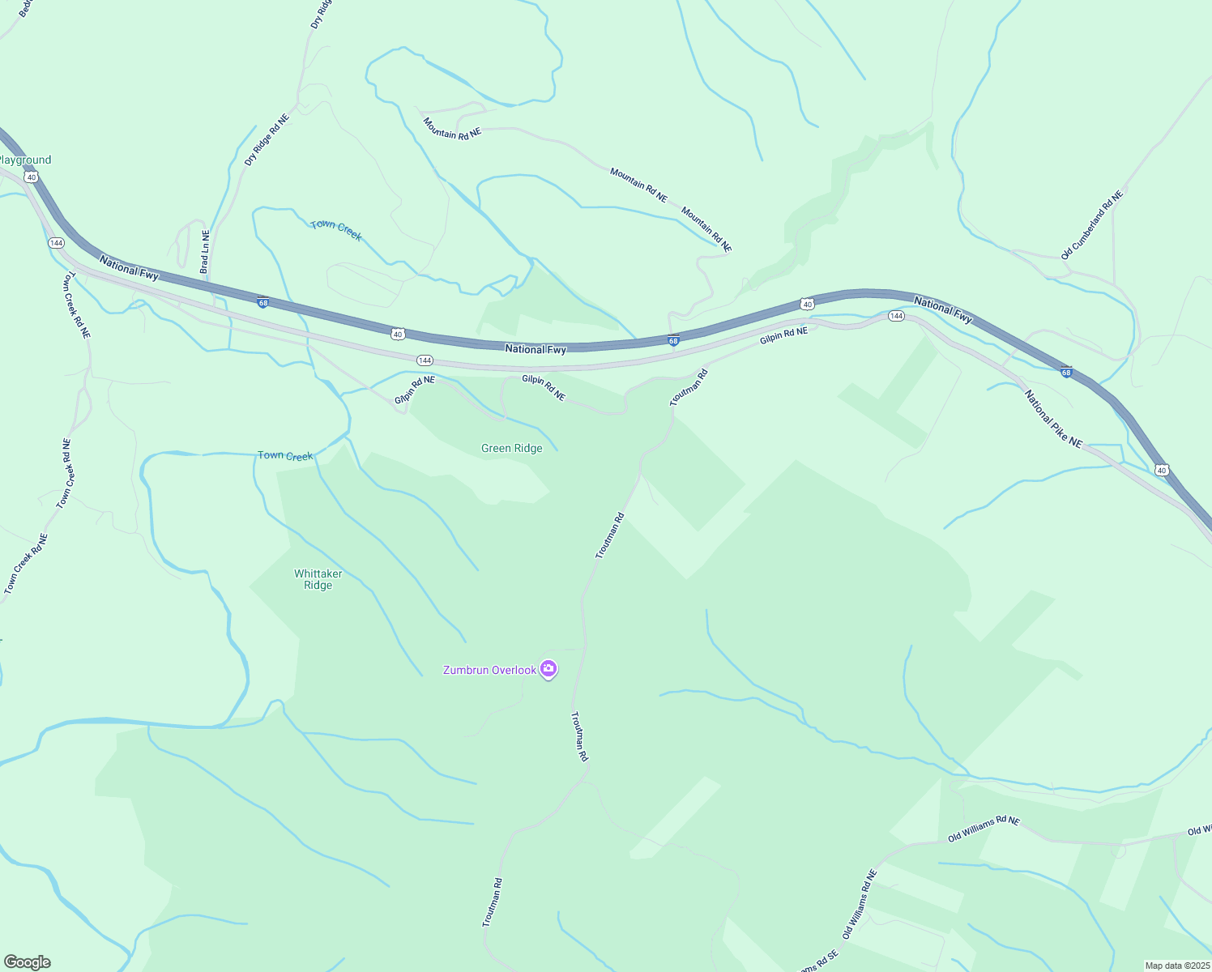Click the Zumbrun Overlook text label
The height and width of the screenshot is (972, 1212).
489,670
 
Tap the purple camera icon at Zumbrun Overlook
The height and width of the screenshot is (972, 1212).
548,668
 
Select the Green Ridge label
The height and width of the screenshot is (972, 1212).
511,448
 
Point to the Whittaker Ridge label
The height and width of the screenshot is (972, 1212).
318,579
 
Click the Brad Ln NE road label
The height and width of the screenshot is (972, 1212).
205,251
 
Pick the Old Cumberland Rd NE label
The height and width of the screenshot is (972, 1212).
1092,225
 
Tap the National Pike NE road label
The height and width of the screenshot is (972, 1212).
1053,419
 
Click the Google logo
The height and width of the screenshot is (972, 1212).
27,962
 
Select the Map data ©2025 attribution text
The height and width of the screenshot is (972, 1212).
1176,966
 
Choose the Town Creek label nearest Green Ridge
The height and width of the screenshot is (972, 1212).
284,455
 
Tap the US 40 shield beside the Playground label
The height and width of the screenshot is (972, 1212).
31,176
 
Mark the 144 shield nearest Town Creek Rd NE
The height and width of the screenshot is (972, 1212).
56,243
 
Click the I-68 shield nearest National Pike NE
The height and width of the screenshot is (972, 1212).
1066,373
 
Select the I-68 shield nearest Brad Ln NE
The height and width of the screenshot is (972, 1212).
263,303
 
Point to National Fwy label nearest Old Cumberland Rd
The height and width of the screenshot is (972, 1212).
942,309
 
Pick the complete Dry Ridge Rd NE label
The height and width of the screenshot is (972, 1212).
267,140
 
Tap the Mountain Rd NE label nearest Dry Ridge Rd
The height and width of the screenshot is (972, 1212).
452,128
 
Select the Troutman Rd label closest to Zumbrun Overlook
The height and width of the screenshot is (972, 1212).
579,736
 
